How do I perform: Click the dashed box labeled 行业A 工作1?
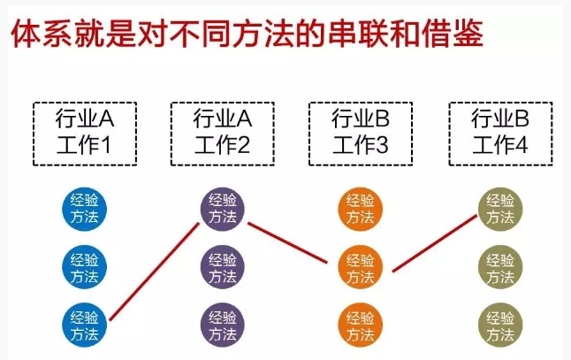85,132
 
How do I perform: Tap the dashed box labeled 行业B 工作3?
360,132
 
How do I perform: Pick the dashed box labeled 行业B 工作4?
499,132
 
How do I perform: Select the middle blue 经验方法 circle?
85,266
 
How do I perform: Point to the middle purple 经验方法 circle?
223,266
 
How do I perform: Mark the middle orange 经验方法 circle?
361,266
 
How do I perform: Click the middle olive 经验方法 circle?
499,266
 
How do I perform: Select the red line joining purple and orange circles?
292,239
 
